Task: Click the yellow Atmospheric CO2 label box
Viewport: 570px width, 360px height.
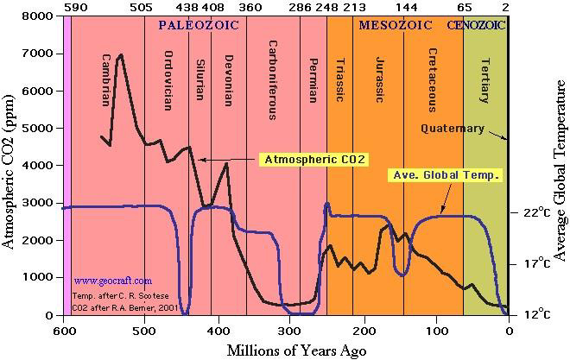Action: pyautogui.click(x=316, y=160)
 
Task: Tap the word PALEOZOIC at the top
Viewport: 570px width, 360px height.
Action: pyautogui.click(x=199, y=25)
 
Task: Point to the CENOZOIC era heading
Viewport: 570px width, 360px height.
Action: pyautogui.click(x=477, y=25)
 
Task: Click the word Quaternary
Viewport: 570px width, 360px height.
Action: pyautogui.click(x=453, y=129)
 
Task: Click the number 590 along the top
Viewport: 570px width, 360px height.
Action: pyautogui.click(x=76, y=7)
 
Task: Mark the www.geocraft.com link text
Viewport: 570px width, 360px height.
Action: pyautogui.click(x=112, y=281)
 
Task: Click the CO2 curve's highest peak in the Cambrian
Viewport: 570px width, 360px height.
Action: pyautogui.click(x=120, y=55)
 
